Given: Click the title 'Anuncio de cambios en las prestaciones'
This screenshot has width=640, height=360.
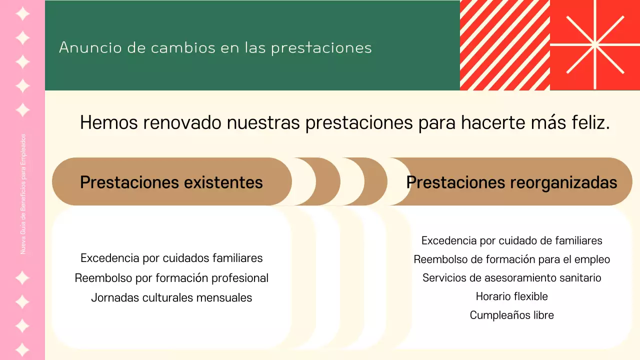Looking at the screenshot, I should (x=215, y=47).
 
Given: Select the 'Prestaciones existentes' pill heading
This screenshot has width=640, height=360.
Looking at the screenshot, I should (x=171, y=182).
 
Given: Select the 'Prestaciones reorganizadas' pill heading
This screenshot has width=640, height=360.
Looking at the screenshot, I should (x=511, y=182).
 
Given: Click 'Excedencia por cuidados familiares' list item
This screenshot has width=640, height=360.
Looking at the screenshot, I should (x=171, y=258).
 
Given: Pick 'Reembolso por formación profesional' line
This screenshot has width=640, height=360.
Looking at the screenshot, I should (x=171, y=278).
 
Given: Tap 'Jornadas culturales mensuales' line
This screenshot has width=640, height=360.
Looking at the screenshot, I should (x=171, y=297).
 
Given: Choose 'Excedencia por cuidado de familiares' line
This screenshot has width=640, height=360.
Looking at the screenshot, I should (x=511, y=240).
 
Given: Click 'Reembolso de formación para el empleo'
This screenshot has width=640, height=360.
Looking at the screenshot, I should (x=511, y=259).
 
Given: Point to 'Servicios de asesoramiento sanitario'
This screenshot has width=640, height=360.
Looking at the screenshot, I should (x=511, y=277).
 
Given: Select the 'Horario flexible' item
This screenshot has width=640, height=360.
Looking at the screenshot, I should (x=511, y=296).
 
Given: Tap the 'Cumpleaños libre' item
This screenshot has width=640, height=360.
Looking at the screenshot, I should (x=511, y=315).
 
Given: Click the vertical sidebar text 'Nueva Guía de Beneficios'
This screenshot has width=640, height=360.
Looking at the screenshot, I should (x=23, y=194).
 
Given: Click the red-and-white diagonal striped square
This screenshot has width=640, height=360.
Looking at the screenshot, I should (x=504, y=45).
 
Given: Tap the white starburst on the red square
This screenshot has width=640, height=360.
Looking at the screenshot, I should (x=595, y=45).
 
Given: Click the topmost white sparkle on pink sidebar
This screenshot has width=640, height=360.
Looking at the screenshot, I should (x=22, y=13).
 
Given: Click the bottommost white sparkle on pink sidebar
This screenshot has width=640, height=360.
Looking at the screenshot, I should (x=22, y=349).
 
